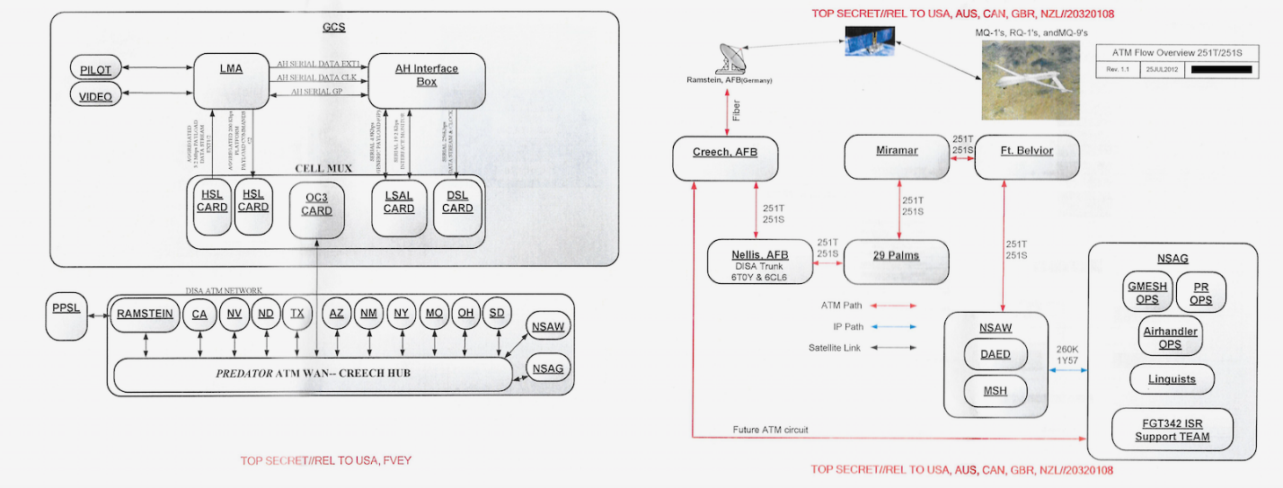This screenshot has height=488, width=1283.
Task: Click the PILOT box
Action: click(x=96, y=68)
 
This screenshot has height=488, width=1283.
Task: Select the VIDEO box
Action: click(x=96, y=95)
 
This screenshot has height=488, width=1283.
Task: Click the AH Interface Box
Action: click(x=427, y=79)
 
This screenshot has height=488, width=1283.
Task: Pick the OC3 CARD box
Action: click(x=316, y=204)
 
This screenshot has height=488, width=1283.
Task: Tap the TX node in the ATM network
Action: click(x=296, y=315)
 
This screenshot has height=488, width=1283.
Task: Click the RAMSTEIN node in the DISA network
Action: click(x=145, y=314)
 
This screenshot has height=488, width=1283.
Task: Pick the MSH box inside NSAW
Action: click(x=995, y=390)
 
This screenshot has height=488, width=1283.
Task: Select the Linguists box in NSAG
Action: click(x=1172, y=378)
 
